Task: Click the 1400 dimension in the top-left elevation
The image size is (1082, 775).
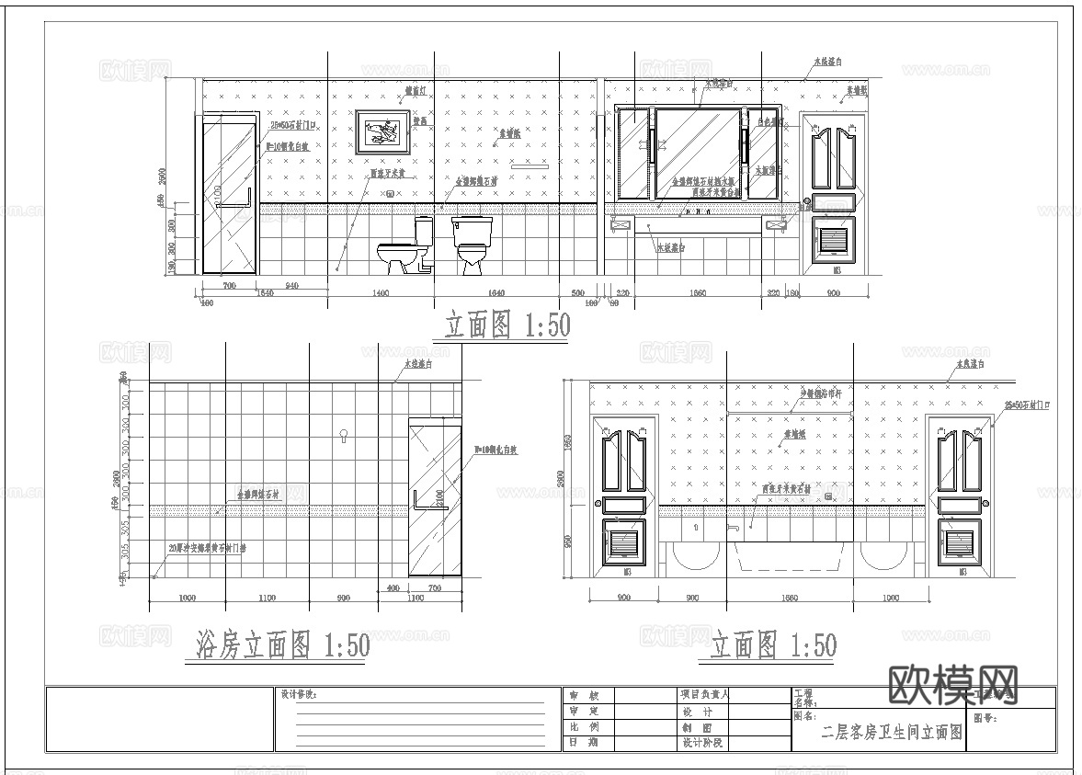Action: [381, 293]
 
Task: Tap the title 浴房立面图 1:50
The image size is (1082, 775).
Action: [284, 645]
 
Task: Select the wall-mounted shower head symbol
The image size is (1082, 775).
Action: [344, 434]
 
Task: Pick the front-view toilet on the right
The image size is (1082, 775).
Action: [472, 245]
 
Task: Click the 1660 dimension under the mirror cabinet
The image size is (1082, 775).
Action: [697, 293]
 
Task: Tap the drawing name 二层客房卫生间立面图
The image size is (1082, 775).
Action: [891, 733]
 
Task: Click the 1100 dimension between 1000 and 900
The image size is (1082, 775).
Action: [267, 598]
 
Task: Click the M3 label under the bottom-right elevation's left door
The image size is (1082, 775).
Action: [628, 571]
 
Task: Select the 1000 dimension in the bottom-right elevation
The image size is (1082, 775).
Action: [890, 598]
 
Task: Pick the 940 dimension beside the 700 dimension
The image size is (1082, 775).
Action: [291, 286]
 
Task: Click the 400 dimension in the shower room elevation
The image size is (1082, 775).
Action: [393, 587]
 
